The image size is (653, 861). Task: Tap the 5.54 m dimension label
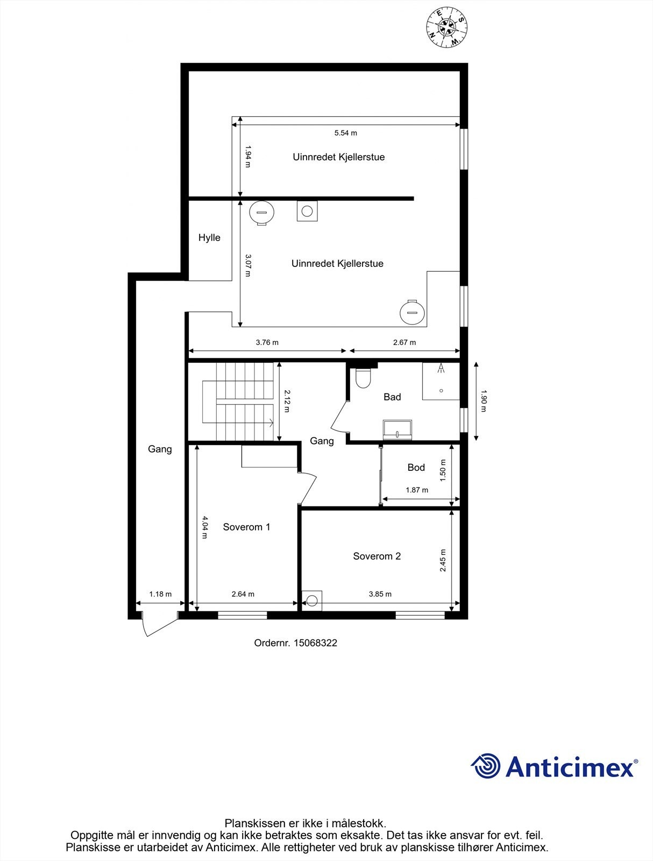pyautogui.click(x=345, y=133)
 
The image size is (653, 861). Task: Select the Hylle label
pyautogui.click(x=209, y=238)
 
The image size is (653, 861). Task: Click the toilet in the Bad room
pyautogui.click(x=364, y=378)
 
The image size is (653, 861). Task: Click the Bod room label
pyautogui.click(x=416, y=468)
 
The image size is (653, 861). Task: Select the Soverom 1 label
pyautogui.click(x=246, y=527)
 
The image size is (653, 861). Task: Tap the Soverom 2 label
pyautogui.click(x=377, y=556)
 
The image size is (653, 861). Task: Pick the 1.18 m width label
pyautogui.click(x=160, y=594)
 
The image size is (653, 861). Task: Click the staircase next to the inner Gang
pyautogui.click(x=239, y=401)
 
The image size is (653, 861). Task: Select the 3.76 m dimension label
pyautogui.click(x=267, y=342)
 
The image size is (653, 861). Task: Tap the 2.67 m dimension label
pyautogui.click(x=404, y=342)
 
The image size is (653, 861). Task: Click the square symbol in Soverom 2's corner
pyautogui.click(x=311, y=601)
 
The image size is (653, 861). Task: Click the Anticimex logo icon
pyautogui.click(x=486, y=766)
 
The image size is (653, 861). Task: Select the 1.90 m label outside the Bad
pyautogui.click(x=482, y=401)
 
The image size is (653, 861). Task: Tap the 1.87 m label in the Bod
pyautogui.click(x=417, y=490)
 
